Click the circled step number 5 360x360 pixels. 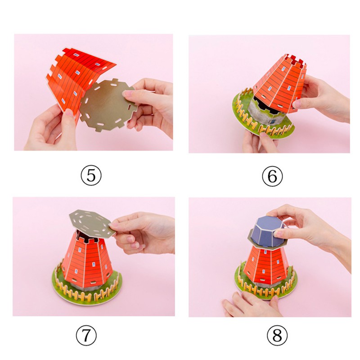91,175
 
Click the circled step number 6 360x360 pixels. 273,176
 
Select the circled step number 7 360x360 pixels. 86,336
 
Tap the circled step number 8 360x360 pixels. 277,336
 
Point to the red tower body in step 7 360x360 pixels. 87,260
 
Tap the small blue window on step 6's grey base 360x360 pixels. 273,121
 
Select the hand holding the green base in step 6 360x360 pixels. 260,142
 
